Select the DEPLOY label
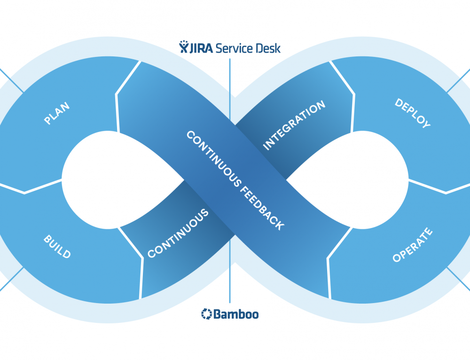coord(412,113)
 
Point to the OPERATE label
coord(412,245)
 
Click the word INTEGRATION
coord(294,125)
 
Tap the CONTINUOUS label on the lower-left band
coord(178,234)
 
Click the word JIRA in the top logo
coord(202,47)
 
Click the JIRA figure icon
coord(184,47)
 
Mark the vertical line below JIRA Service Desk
coord(230,75)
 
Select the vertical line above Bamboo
coord(230,287)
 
